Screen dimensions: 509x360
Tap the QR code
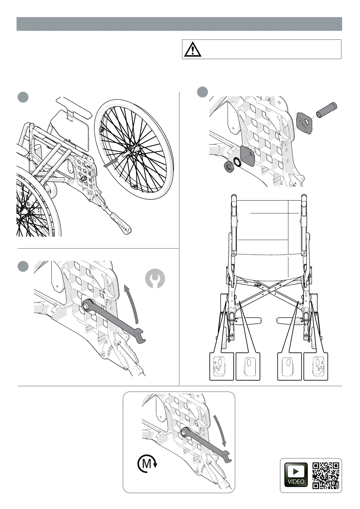coord(326,475)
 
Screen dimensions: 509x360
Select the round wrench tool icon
coord(155,278)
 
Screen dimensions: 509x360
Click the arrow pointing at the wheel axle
coord(110,164)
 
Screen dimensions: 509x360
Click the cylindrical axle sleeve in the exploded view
coord(326,109)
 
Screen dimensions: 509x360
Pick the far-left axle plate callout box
coord(222,366)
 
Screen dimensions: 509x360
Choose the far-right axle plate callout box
coord(316,366)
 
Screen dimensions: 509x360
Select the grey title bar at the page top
coord(179,24)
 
